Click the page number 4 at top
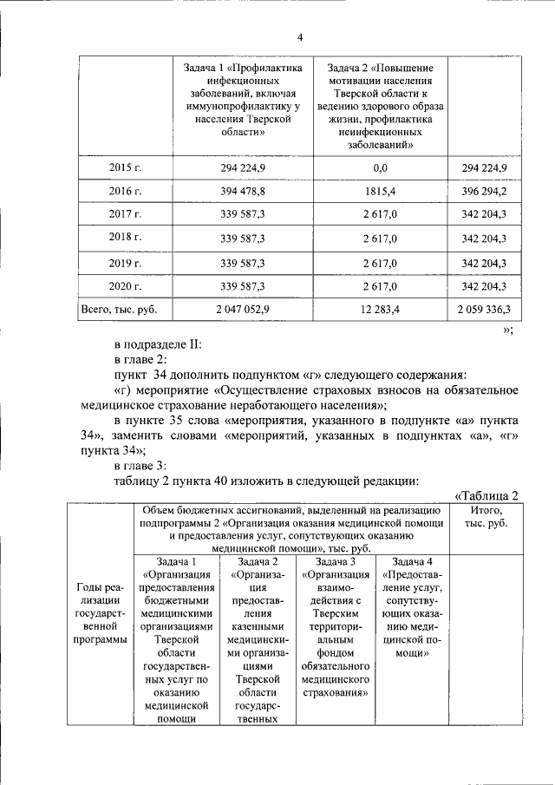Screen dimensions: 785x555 pos(300,36)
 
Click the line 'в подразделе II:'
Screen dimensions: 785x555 pos(157,343)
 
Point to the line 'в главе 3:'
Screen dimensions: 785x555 pos(143,466)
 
